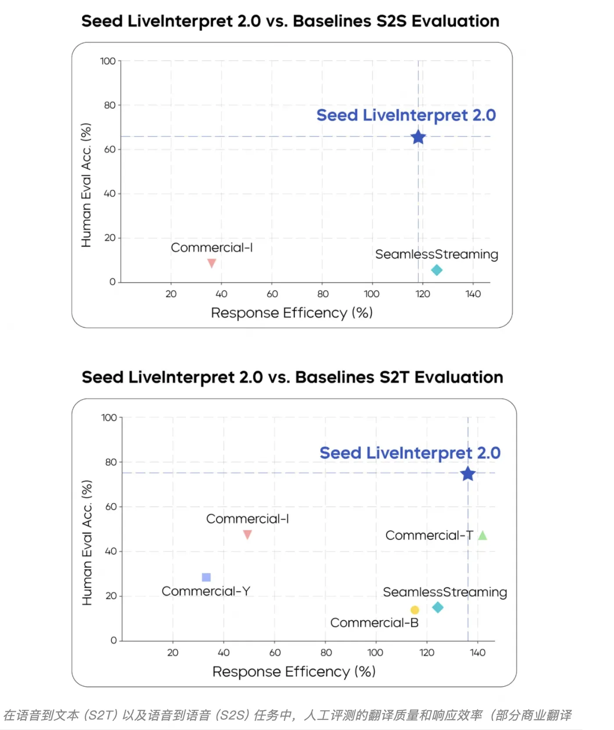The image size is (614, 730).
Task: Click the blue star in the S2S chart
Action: (x=418, y=137)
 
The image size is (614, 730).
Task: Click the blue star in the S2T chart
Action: (x=468, y=474)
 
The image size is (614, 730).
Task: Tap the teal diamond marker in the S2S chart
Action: (x=437, y=270)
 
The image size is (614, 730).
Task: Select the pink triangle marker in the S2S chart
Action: (x=211, y=263)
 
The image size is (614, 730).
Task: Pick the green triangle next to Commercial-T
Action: (x=482, y=536)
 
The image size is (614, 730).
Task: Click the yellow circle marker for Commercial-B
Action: (x=414, y=610)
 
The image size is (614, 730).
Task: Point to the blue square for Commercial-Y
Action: (x=206, y=577)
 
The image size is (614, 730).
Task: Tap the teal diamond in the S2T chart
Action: (x=438, y=608)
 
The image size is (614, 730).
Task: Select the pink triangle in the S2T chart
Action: (x=247, y=535)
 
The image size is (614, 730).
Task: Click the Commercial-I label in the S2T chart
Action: (x=247, y=519)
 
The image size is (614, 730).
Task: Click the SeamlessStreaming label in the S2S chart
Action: (x=436, y=254)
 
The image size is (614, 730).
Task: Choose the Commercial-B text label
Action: (x=374, y=622)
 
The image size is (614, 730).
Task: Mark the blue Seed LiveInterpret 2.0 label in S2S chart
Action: (x=406, y=115)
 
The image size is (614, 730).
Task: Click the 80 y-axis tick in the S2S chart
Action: (x=110, y=105)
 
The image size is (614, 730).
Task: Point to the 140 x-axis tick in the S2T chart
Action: (x=478, y=653)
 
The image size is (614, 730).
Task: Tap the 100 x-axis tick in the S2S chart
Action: (x=371, y=294)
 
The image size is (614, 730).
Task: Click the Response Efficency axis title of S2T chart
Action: (x=294, y=672)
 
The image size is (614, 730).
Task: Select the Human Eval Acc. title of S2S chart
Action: (x=86, y=185)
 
